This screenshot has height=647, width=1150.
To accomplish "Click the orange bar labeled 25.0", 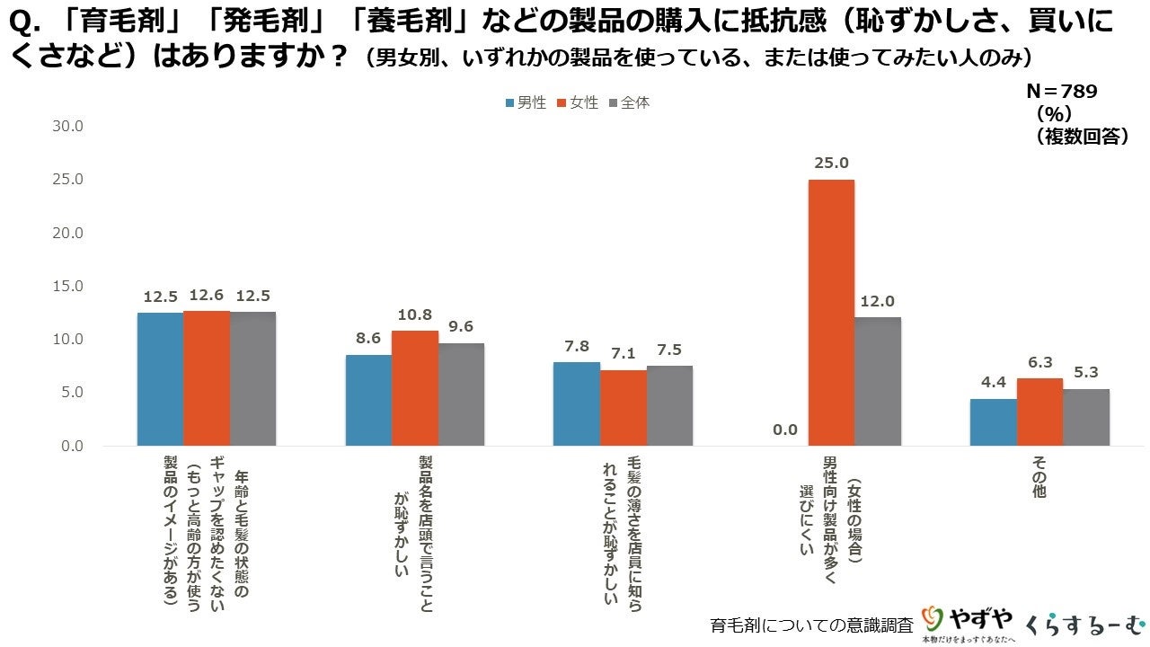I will [x=831, y=313].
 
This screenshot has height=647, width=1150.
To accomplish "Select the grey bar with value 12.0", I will [x=878, y=381].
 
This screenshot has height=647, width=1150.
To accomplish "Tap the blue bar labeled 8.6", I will [x=368, y=400].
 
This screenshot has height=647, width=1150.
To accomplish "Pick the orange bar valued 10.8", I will [x=415, y=388].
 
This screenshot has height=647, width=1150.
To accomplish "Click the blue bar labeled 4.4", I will [x=993, y=422].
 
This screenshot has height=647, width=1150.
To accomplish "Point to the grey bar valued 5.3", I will [x=1086, y=417].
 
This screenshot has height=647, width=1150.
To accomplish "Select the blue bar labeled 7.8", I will [x=576, y=403].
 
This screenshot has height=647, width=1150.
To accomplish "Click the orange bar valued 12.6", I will [x=207, y=378].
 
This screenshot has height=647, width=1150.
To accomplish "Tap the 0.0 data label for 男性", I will [x=784, y=430].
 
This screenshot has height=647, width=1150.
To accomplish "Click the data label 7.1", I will [x=623, y=354].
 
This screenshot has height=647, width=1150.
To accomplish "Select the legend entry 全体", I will [x=630, y=102].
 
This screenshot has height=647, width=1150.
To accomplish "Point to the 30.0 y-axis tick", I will [x=66, y=126].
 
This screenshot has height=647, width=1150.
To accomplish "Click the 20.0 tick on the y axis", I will [x=66, y=233].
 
